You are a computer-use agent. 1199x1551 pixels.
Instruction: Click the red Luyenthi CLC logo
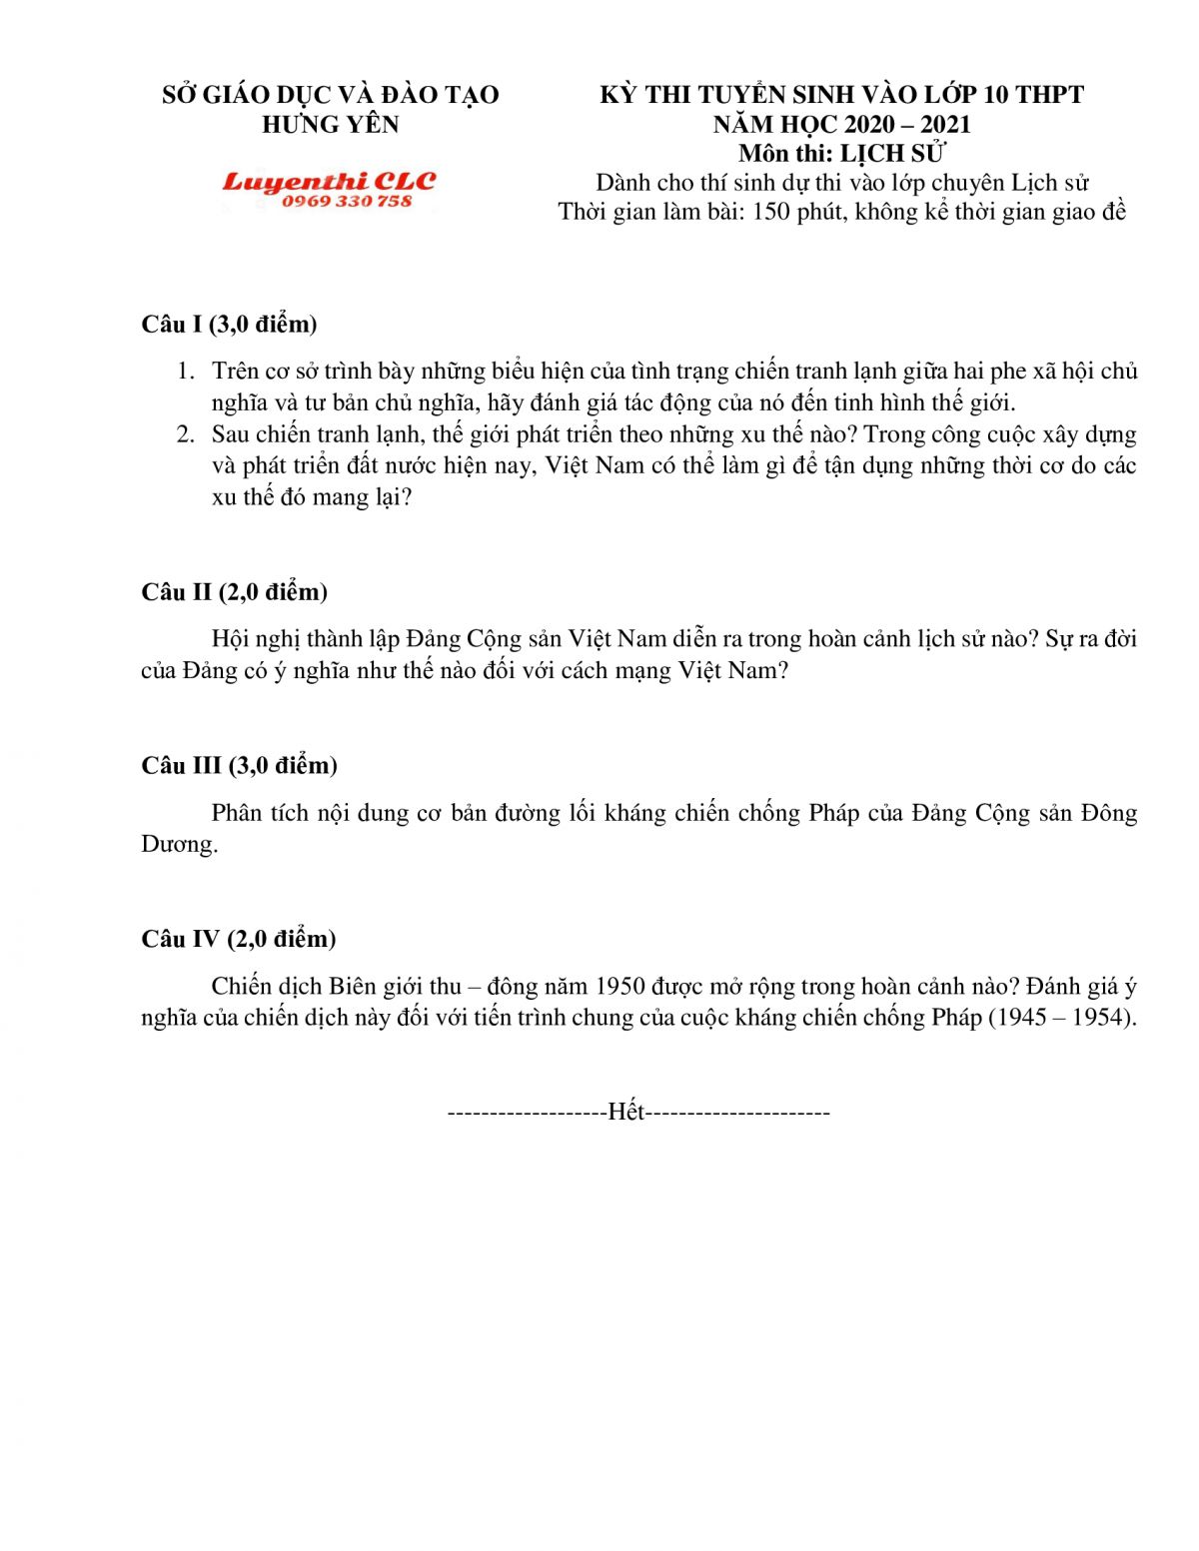[x=329, y=181]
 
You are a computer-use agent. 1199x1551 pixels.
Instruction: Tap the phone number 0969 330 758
[x=346, y=201]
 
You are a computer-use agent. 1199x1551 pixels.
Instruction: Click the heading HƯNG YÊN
[x=330, y=124]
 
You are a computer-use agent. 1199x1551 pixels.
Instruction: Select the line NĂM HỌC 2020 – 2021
[x=841, y=124]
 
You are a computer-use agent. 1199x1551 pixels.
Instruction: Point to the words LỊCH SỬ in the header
[x=892, y=153]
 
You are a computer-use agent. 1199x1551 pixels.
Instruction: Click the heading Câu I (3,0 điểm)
[x=229, y=324]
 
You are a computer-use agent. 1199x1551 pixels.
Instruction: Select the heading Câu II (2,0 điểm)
[x=234, y=591]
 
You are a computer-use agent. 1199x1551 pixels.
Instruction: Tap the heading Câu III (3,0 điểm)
[x=239, y=765]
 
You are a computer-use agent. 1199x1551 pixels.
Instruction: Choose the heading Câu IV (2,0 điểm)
[x=238, y=939]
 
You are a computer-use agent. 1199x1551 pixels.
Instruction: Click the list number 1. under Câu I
[x=186, y=372]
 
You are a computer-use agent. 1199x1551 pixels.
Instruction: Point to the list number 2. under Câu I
[x=186, y=434]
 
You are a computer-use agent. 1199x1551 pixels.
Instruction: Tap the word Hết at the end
[x=626, y=1112]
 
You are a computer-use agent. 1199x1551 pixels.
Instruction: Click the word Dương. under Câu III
[x=179, y=845]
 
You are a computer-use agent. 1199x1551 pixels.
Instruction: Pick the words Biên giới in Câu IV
[x=376, y=987]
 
